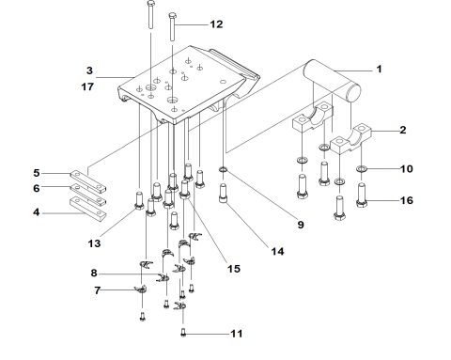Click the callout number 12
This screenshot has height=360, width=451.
pos(216,24)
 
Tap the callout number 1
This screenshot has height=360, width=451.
pos(379,69)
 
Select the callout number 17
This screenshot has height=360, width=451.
pos(87,86)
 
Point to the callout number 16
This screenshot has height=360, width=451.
pos(407,200)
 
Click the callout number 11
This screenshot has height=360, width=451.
pos(237,334)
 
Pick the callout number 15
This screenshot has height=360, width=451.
pos(234,269)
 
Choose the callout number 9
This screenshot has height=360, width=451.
pos(301,225)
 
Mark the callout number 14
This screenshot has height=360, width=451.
pos(277,251)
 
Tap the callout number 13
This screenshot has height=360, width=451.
pos(94,243)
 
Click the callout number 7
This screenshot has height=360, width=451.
pos(98,290)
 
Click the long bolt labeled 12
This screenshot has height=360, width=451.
pos(172,26)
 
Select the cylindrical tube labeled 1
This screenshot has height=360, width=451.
pos(332,80)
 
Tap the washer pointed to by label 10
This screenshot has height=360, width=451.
pos(361,169)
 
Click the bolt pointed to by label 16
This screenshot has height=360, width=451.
pos(362,195)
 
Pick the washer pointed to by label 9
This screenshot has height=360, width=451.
pos(224,170)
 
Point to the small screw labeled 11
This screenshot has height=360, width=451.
pos(183,333)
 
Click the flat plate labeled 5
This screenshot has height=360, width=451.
pos(87,181)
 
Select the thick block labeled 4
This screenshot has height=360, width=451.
pos(87,210)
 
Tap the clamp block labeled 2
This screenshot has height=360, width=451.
pos(350,138)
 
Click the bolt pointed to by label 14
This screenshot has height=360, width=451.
pos(224,193)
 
